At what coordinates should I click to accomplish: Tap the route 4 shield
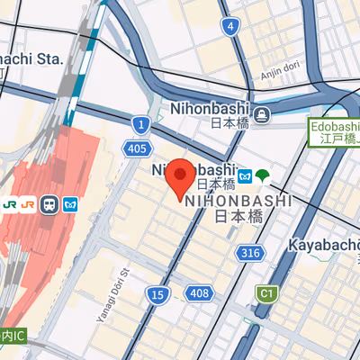231,26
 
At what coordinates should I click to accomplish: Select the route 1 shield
139,124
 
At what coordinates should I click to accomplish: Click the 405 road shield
138,148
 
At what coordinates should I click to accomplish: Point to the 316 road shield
251,253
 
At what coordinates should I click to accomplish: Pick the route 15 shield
157,294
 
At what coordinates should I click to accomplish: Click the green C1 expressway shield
265,293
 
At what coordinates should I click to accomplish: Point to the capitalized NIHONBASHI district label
238,201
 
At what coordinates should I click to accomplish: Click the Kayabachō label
324,245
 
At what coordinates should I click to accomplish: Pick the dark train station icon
49,205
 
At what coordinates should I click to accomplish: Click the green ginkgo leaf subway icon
263,174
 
